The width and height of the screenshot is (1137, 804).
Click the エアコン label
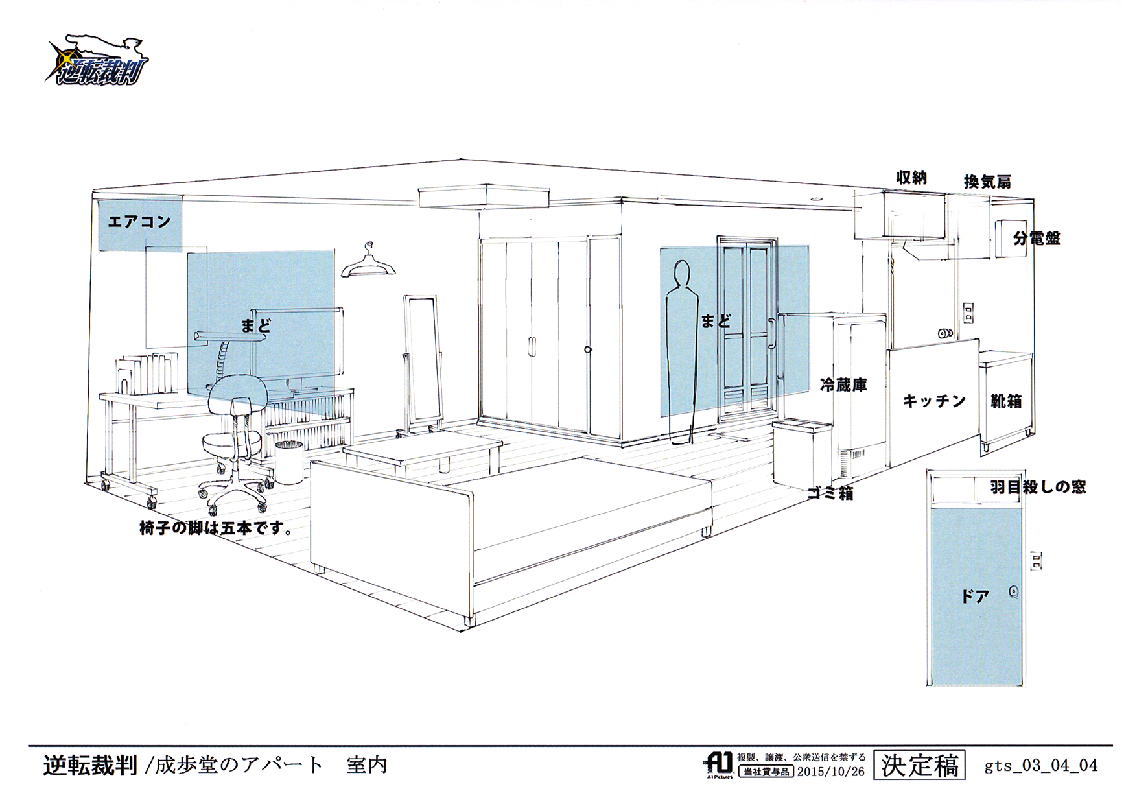[139, 222]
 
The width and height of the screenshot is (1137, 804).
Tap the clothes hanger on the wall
[368, 263]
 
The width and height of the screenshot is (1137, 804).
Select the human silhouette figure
[681, 350]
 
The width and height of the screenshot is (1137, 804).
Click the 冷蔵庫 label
[843, 385]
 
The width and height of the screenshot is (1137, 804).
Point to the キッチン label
[934, 401]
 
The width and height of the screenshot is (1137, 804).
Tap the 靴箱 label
[1006, 401]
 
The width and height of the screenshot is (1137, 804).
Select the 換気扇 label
[987, 182]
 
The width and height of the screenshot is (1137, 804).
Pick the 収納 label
[911, 177]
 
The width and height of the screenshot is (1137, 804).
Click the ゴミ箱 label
[830, 493]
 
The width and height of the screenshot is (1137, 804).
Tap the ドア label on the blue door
[975, 597]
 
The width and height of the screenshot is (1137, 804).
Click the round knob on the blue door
[1014, 592]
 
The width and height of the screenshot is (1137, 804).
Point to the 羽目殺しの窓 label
[1038, 487]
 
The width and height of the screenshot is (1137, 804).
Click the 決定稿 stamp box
[919, 766]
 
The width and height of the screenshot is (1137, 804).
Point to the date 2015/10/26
[830, 772]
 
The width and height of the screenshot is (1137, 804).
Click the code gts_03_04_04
[1041, 766]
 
